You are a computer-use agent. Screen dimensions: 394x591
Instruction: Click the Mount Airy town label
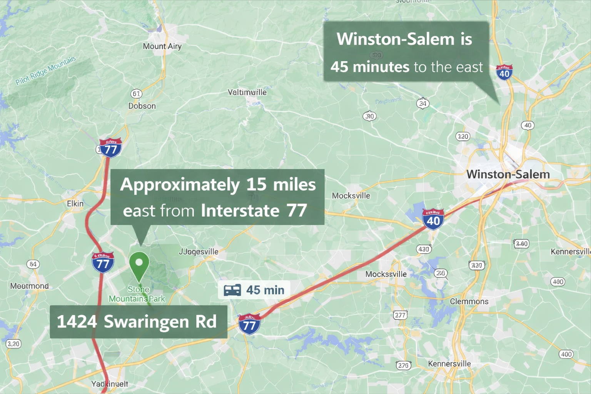point(162,47)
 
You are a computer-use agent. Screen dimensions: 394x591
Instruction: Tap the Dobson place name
point(142,106)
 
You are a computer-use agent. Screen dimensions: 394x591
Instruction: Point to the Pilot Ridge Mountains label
point(46,71)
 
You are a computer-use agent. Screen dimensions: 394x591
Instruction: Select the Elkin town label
point(75,204)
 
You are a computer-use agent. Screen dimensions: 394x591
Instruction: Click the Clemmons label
point(469,302)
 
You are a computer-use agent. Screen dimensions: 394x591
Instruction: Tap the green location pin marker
point(139,265)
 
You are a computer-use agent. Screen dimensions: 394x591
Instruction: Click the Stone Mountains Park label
point(137,294)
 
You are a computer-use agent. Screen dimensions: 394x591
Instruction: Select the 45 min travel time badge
point(254,290)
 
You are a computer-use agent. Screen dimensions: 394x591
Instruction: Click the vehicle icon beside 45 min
point(232,290)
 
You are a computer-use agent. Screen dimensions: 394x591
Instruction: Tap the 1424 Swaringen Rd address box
point(138,322)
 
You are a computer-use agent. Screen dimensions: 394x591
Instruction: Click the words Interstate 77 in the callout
point(254,211)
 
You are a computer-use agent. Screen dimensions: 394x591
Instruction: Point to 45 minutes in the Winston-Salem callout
point(370,67)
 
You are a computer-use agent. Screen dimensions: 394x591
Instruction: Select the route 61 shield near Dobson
point(136,93)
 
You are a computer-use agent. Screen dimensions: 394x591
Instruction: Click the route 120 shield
point(462,137)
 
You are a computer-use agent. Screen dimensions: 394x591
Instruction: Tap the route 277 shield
point(400,315)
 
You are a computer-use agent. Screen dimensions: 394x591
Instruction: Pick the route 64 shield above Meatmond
point(33,264)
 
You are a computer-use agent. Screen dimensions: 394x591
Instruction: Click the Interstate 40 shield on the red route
point(433,220)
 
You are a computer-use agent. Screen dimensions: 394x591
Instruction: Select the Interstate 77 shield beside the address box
point(249,324)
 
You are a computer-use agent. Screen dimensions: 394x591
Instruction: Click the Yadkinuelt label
point(110,384)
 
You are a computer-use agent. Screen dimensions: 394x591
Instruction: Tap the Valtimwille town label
point(247,92)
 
